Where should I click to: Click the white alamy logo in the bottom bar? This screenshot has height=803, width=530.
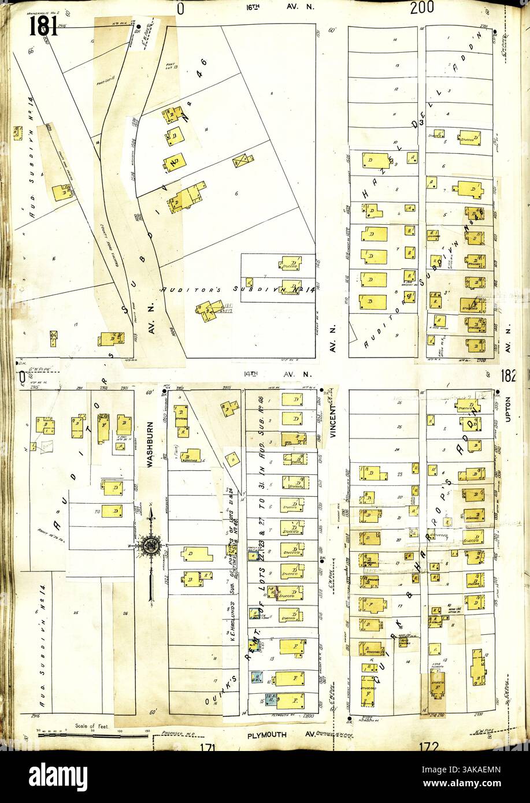pos(59,774)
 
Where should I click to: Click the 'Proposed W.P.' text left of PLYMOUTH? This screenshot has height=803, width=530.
pos(176,731)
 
